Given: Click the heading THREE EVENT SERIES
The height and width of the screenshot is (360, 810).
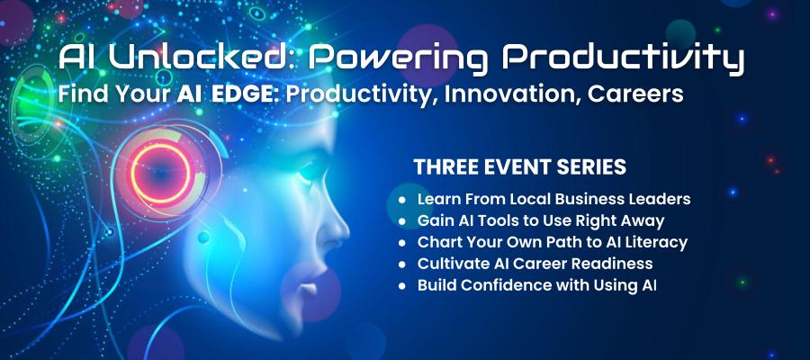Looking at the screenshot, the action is click(x=519, y=166).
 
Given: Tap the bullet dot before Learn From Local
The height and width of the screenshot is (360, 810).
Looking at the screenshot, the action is click(x=403, y=201).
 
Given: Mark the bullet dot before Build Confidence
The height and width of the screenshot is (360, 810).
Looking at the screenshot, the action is click(x=403, y=286).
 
